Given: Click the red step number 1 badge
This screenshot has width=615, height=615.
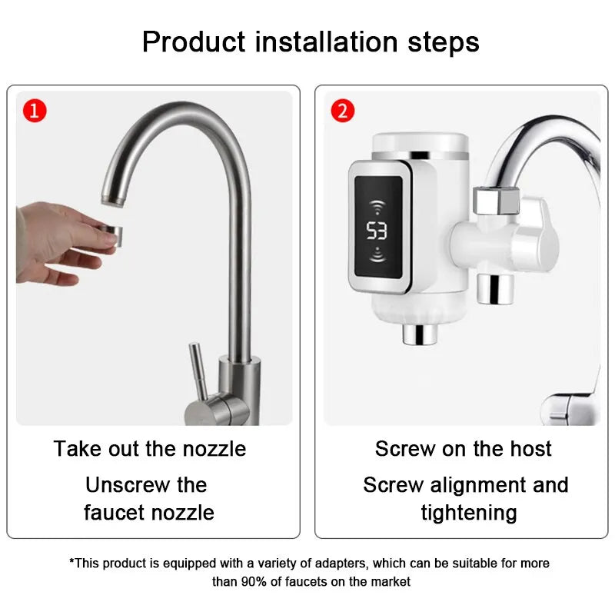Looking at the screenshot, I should coord(35,111).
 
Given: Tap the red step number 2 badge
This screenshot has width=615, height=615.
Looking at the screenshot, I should coord(342,111).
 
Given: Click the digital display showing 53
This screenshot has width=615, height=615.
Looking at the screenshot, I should coord(377,230).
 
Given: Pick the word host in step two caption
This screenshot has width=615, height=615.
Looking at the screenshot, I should coord(532,448).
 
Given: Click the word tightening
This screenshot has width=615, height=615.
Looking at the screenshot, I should coord(469,512).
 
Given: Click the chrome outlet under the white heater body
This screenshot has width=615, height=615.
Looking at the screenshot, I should coord(418,334).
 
